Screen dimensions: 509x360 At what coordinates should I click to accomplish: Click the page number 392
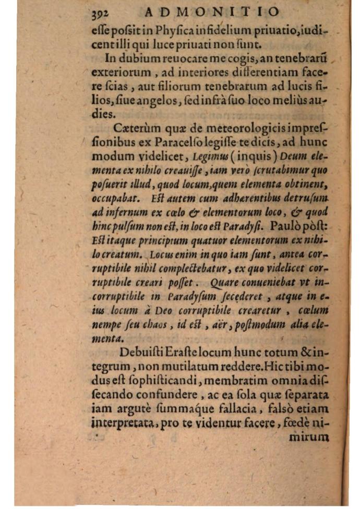pyautogui.click(x=99, y=13)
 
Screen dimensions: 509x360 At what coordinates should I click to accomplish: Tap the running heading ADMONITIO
pyautogui.click(x=211, y=11)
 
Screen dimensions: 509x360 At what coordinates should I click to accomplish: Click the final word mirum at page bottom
pyautogui.click(x=309, y=437)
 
